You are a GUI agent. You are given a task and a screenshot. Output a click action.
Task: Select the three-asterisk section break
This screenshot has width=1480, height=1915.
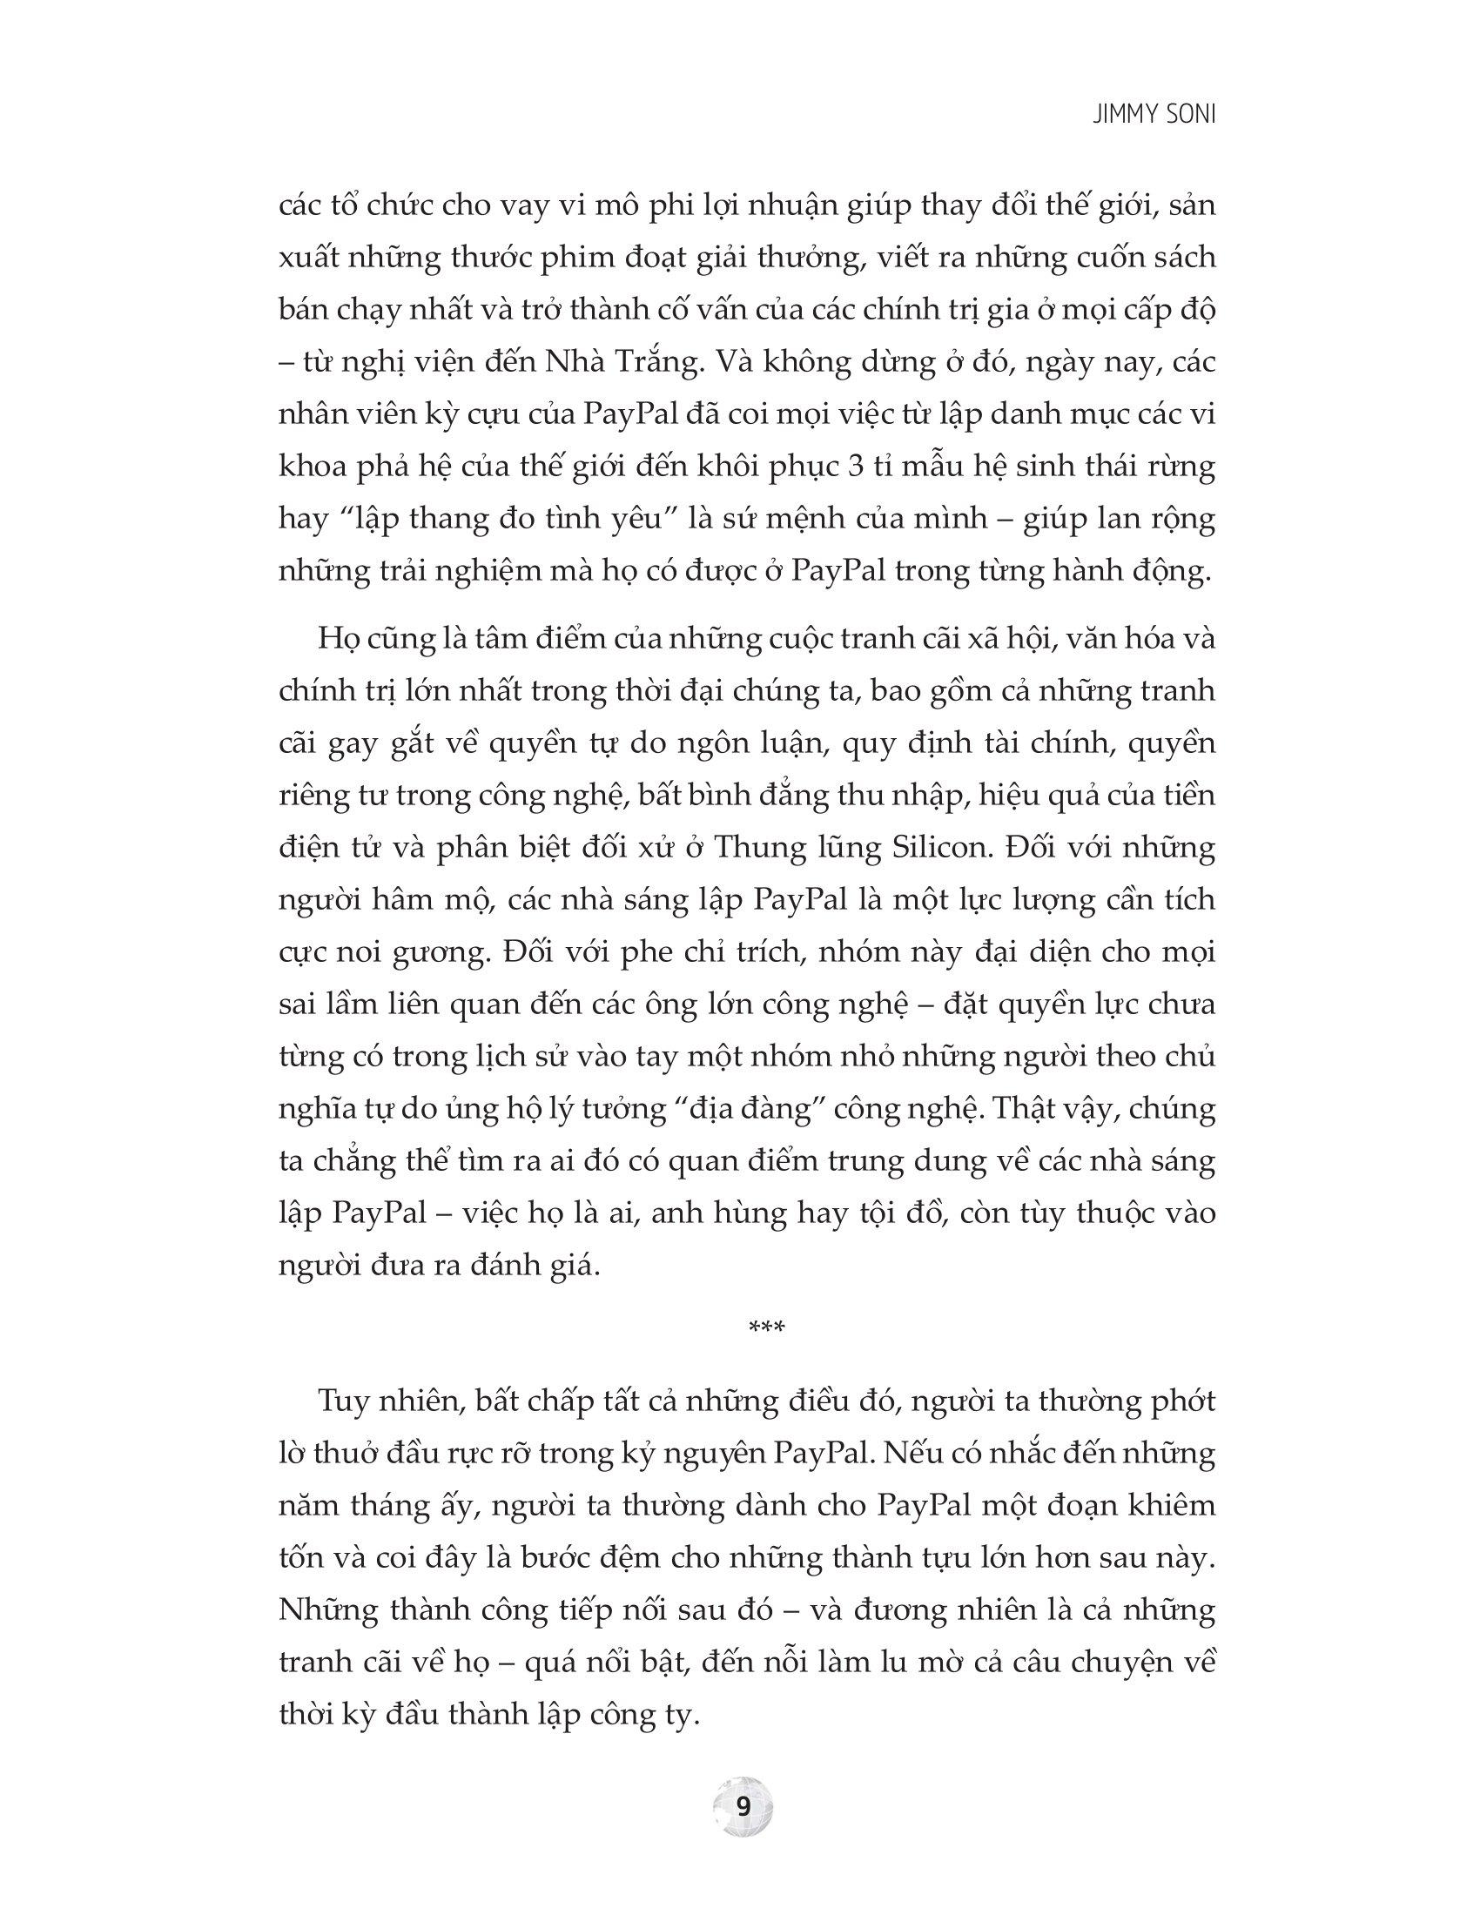pos(766,1327)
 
